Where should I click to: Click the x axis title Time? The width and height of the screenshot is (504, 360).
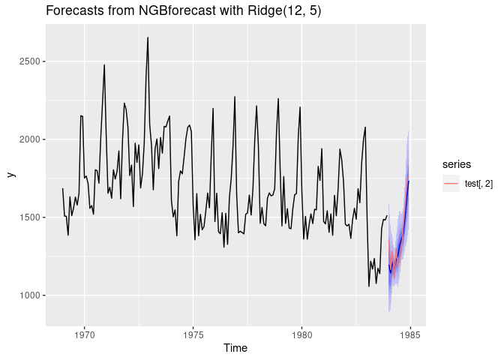tap(235, 349)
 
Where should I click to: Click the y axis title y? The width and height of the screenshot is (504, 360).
tap(10, 175)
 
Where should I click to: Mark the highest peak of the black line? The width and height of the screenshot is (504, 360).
tap(148, 37)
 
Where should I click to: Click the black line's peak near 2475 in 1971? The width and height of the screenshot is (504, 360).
tap(104, 65)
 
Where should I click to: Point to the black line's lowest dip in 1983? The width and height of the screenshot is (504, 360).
tap(369, 286)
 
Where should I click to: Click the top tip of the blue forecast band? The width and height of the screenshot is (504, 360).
tap(408, 132)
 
